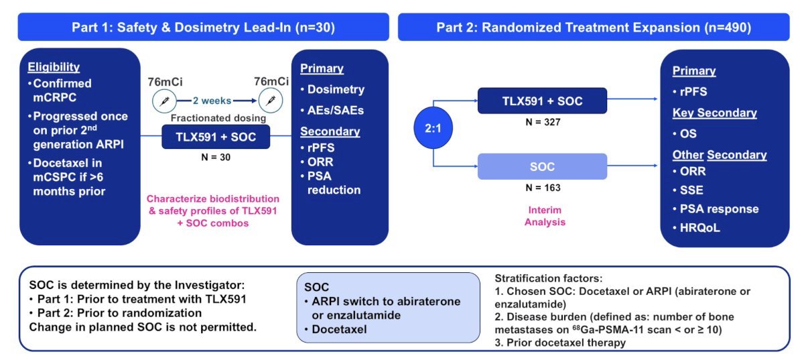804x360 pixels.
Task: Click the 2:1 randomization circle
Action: point(433,128)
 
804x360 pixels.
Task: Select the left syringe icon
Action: point(164,101)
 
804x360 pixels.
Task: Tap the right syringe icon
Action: point(271,101)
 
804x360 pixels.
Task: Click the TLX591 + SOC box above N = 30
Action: point(216,137)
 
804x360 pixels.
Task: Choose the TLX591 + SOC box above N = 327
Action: point(542,101)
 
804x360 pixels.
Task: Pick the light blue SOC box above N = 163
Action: point(542,167)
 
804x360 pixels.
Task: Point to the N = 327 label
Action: point(543,122)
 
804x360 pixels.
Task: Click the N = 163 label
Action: point(543,188)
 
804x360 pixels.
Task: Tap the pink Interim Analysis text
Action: point(545,216)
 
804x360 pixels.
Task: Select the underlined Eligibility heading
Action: point(54,67)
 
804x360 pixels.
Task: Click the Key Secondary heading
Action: point(715,113)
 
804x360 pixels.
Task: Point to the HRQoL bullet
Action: point(696,228)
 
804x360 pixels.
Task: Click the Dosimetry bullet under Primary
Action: point(332,89)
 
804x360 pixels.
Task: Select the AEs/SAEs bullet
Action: point(332,111)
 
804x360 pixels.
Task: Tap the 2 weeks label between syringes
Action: point(212,101)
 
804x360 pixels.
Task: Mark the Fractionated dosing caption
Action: point(218,118)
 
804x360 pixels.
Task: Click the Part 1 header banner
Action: point(204,27)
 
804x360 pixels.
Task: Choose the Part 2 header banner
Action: point(594,27)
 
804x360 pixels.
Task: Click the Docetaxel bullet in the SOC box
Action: point(336,329)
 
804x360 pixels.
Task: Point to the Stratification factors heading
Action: point(549,278)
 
